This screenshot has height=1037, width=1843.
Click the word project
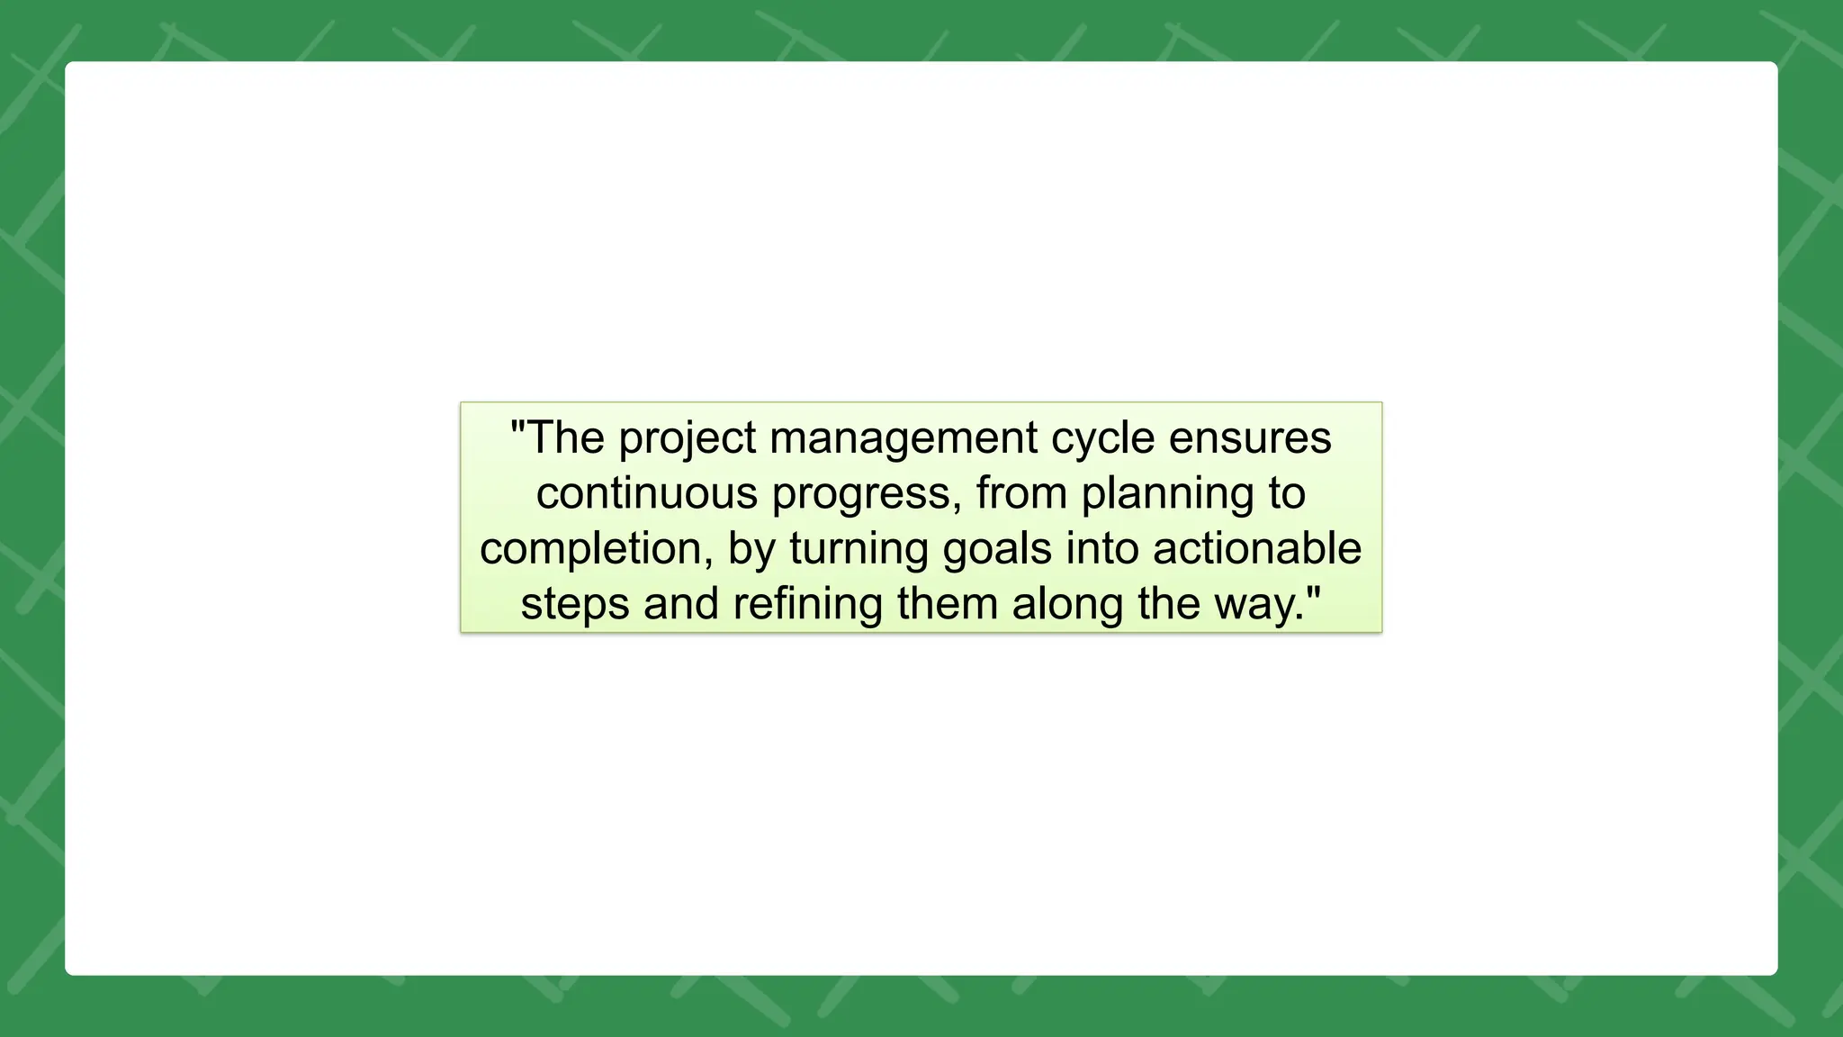click(x=688, y=439)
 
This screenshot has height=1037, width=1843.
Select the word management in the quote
click(x=904, y=439)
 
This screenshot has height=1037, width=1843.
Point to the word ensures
click(x=1250, y=438)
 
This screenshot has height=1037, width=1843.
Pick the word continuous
click(x=647, y=493)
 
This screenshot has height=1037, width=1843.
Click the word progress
click(x=866, y=495)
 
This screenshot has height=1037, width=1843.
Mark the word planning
click(x=1167, y=495)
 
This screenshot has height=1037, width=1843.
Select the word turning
click(x=859, y=549)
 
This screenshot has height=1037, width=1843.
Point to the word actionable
click(x=1257, y=548)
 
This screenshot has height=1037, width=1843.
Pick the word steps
click(x=575, y=605)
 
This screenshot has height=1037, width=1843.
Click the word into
click(x=1102, y=548)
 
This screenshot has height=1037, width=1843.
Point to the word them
click(x=948, y=604)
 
